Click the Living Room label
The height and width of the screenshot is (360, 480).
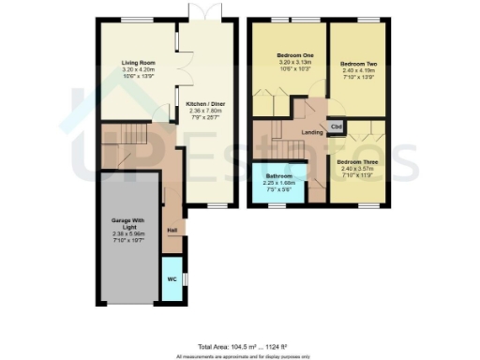click(x=137, y=64)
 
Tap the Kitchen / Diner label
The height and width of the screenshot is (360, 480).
click(x=204, y=103)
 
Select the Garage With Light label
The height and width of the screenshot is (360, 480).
click(x=131, y=226)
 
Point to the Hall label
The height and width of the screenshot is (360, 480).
click(x=172, y=230)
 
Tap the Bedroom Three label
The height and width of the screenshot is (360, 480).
click(x=356, y=161)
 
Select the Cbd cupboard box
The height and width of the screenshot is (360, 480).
click(x=336, y=127)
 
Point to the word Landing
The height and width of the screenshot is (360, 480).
click(x=311, y=131)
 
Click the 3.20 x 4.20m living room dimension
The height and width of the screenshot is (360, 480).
click(x=137, y=70)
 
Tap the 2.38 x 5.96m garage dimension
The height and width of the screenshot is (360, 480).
click(x=131, y=233)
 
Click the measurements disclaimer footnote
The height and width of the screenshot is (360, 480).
click(x=240, y=355)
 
